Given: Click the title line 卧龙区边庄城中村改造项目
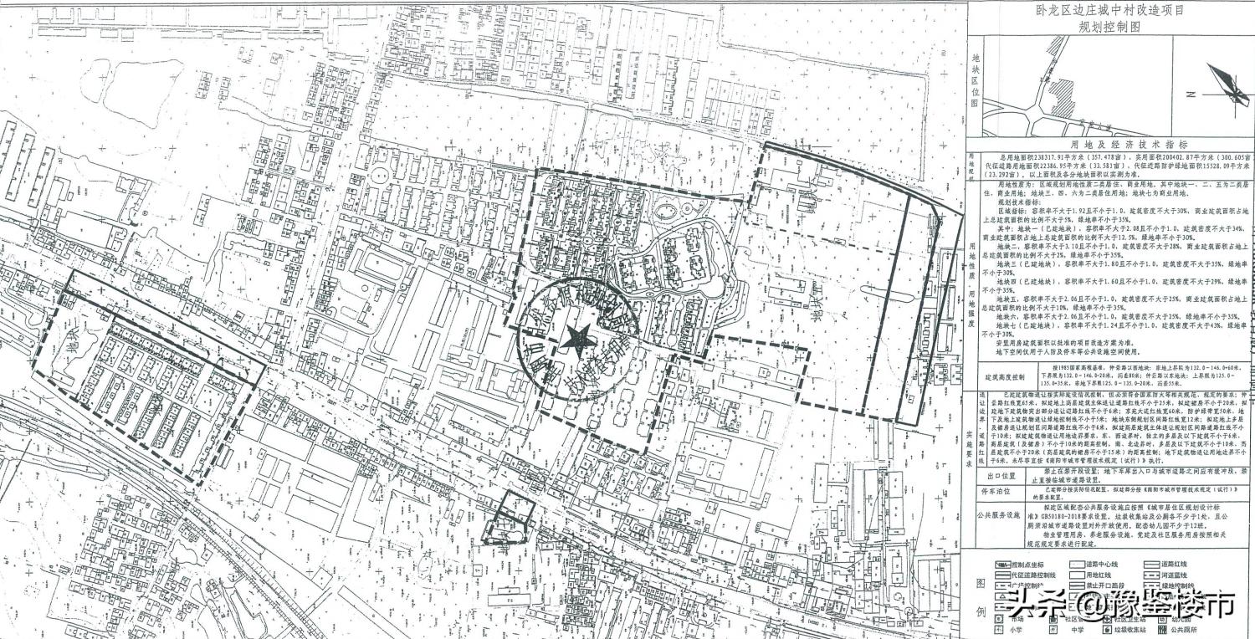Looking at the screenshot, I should coord(1109,11).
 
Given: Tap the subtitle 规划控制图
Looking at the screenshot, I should coord(1109,27).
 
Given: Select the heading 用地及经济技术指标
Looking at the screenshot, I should coord(1109,144).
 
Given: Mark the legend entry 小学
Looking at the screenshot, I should coord(1017,630).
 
